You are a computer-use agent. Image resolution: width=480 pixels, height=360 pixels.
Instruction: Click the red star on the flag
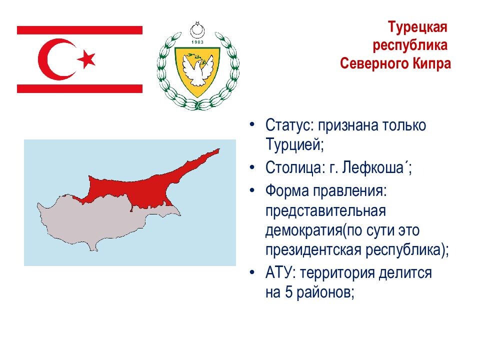tap(86, 58)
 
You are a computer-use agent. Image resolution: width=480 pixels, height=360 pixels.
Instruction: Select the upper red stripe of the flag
tap(79, 30)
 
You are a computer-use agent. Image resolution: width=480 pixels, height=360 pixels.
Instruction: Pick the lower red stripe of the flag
tap(79, 88)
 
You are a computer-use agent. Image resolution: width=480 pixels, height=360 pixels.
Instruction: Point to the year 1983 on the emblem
tap(197, 42)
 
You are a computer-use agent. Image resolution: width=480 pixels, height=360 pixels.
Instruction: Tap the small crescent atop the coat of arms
tap(197, 30)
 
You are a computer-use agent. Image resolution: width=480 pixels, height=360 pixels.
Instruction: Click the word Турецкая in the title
tap(418, 27)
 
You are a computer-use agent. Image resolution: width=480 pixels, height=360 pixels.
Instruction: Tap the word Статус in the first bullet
tap(289, 125)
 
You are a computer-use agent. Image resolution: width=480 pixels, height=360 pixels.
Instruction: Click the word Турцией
tap(294, 144)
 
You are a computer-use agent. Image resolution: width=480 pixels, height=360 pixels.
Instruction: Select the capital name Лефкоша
tap(373, 167)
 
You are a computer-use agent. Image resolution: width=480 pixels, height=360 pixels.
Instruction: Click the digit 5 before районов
tap(289, 292)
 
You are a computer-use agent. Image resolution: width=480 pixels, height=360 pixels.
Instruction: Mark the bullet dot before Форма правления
tap(252, 190)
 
